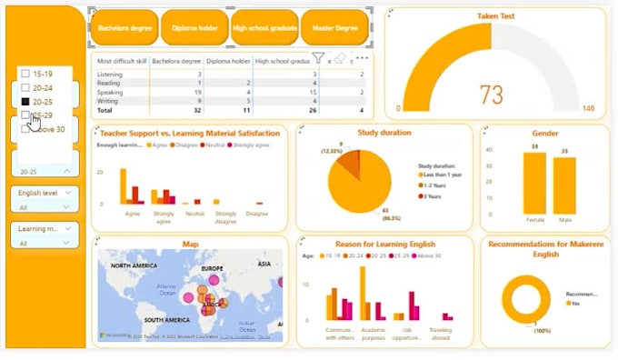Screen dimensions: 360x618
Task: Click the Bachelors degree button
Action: click(x=124, y=28)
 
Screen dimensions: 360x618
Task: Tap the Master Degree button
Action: click(x=334, y=28)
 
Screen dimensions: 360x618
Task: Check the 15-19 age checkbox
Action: click(x=25, y=73)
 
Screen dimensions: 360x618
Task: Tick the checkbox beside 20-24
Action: click(x=25, y=87)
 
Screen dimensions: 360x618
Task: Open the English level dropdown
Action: click(x=45, y=198)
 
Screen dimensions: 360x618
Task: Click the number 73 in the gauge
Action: click(x=491, y=95)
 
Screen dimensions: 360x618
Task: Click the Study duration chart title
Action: click(x=384, y=132)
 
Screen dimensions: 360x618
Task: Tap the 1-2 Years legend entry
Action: click(x=442, y=185)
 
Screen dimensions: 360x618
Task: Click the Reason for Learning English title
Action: click(x=384, y=244)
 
